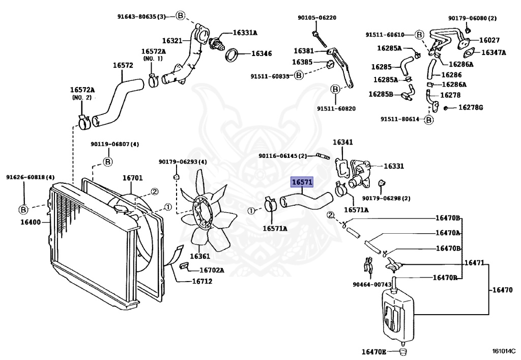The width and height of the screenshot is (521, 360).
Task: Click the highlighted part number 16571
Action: click(x=302, y=182)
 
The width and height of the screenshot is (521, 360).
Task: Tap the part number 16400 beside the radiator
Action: click(x=31, y=222)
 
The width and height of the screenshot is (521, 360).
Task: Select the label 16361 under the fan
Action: click(x=200, y=256)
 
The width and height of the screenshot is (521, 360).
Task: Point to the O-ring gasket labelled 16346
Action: click(x=232, y=55)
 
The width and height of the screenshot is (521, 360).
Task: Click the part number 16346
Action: click(x=262, y=53)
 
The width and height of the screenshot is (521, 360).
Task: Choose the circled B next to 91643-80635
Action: click(x=180, y=15)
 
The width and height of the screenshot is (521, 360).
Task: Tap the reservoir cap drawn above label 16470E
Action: click(x=403, y=351)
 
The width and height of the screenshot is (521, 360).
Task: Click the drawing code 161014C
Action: click(x=503, y=351)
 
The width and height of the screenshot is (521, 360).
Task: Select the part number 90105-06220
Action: click(x=316, y=18)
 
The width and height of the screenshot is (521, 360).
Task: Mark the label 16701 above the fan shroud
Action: click(x=133, y=178)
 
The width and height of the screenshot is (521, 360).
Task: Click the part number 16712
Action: click(x=202, y=281)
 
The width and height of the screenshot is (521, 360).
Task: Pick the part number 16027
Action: click(x=489, y=40)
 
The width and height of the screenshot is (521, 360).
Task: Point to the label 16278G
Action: click(x=471, y=107)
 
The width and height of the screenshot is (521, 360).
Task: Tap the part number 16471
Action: click(x=474, y=263)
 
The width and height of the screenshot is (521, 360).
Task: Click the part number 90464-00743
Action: click(x=372, y=285)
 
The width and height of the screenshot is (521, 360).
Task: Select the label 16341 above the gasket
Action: click(x=343, y=142)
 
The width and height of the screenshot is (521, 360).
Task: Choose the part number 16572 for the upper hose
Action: click(x=123, y=65)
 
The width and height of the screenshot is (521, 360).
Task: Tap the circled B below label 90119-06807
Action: click(x=108, y=162)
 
